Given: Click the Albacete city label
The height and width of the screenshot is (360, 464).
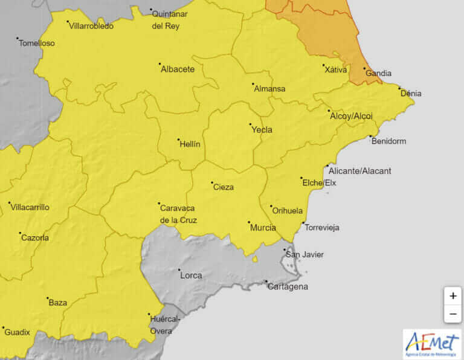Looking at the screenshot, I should tap(178, 69).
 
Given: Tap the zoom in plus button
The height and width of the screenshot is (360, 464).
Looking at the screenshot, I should tap(453, 296).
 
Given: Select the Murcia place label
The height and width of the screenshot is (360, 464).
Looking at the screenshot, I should tap(263, 228).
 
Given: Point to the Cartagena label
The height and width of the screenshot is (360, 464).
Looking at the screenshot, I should tap(288, 286).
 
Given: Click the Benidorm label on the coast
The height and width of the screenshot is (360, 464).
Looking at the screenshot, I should tap(388, 141).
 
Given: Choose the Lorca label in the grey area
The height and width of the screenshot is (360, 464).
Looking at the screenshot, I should tap(192, 275).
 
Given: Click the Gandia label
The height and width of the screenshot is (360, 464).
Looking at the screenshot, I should tap(379, 73).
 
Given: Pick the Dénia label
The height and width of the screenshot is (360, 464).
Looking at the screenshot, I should tap(411, 94).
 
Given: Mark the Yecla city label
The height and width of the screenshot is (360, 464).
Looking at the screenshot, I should tap(262, 130).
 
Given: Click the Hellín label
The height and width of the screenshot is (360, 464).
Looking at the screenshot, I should tap(189, 144).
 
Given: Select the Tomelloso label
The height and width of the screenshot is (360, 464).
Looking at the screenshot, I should tap(37, 43).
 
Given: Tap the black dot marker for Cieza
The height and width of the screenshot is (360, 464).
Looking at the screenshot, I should tap(212, 182).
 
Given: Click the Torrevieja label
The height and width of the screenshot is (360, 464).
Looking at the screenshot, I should tap(322, 228).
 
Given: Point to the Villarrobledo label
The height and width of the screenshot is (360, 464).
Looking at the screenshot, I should tap(91, 26).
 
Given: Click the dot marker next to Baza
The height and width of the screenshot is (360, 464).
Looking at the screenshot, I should tap(48, 298).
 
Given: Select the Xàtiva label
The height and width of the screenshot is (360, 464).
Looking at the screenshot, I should tap(336, 69).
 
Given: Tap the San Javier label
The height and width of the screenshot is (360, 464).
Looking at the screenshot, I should tap(304, 254).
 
